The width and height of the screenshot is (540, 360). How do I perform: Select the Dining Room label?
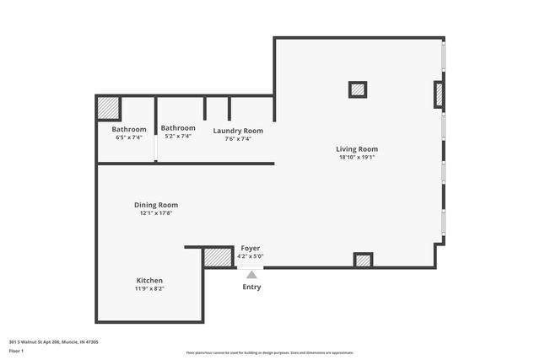pos(156,205)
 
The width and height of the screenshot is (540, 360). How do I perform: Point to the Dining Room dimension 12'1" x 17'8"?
pos(156,213)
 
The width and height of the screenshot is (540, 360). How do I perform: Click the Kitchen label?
pos(149,280)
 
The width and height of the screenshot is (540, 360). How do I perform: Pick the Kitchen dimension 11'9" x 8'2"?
pos(149,288)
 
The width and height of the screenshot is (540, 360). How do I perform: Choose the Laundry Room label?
pos(238,131)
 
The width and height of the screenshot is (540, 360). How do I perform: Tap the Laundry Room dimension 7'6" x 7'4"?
pos(238,139)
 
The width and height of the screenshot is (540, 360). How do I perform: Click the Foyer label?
pos(251,248)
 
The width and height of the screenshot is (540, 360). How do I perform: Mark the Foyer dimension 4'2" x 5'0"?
pos(251,256)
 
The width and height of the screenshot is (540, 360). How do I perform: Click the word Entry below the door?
pos(251,287)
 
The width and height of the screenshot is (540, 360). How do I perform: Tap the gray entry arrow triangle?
pos(251,273)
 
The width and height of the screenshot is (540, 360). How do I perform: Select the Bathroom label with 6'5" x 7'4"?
pos(129,129)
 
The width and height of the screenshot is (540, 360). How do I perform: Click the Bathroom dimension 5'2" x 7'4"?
pos(178,136)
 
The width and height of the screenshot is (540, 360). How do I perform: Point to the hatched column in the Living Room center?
pos(358,89)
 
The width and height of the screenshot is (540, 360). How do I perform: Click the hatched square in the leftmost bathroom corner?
pos(108,110)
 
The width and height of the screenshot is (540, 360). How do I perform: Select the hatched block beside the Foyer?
pos(218,257)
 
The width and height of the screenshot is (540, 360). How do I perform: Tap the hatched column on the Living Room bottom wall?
pos(363,261)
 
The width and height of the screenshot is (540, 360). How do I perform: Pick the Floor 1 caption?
pos(17,349)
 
